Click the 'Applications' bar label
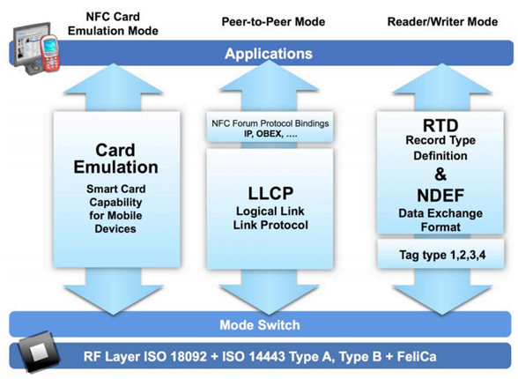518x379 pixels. pos(268,54)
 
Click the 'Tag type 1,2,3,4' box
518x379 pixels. pos(433,256)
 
